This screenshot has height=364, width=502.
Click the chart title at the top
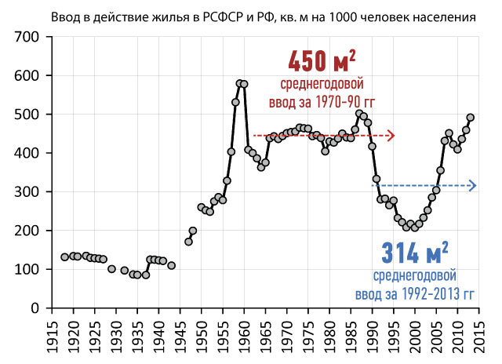point(251,16)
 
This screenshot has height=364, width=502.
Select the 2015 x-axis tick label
point(477,333)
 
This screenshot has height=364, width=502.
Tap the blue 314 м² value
point(415,253)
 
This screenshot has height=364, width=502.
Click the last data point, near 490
point(471,118)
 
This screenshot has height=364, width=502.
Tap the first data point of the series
point(64,257)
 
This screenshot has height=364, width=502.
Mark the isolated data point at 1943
point(171,265)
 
